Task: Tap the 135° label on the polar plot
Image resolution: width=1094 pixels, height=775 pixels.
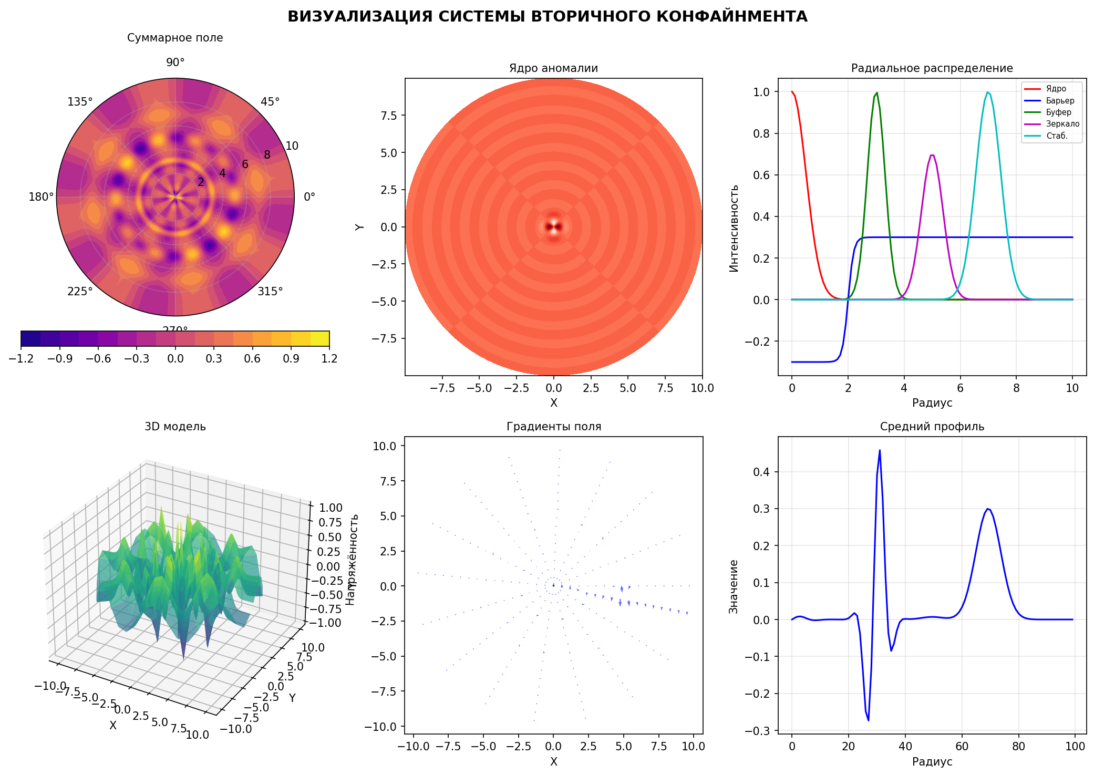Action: point(80,102)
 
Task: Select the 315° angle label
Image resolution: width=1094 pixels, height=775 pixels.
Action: point(270,291)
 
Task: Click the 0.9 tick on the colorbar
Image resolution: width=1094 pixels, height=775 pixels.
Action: point(291,358)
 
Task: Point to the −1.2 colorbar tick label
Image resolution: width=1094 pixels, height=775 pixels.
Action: point(21,358)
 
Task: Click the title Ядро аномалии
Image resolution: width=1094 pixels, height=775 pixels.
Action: point(553,68)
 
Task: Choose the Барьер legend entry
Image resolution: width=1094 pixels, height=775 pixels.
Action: point(1060,100)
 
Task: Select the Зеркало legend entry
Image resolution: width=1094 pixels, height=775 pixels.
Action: point(1062,124)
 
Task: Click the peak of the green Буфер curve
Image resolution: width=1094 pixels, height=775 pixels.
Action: point(876,93)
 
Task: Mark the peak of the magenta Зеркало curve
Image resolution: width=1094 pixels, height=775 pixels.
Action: point(932,155)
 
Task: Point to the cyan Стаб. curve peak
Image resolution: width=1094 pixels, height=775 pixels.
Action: point(988,92)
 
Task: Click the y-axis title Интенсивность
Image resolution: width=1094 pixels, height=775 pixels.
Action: point(734,228)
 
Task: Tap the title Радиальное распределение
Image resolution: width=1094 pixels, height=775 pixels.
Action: point(932,68)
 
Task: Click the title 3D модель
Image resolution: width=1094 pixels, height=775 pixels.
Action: point(175,427)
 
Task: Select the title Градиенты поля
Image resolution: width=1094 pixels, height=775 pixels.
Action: point(553,427)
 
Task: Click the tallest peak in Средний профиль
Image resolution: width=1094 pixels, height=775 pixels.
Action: point(880,450)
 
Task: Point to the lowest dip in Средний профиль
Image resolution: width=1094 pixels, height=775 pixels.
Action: point(868,720)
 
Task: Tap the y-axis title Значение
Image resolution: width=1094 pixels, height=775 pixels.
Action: point(734,586)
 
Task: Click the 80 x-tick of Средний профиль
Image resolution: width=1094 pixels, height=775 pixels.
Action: point(1018,746)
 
